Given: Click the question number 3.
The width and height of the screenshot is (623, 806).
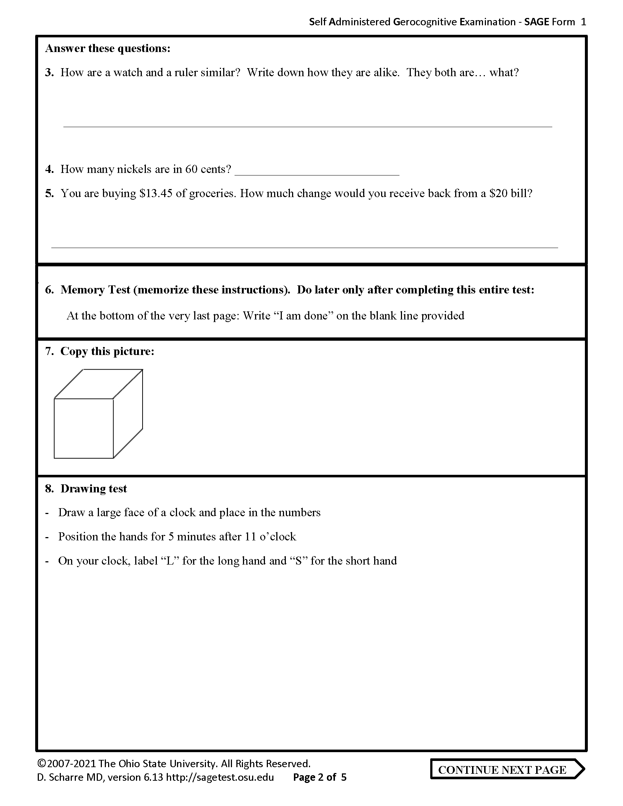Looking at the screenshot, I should click(x=49, y=73).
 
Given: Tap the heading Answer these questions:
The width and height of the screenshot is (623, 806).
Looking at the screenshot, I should click(x=108, y=48).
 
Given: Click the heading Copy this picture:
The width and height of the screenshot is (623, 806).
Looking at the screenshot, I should click(x=107, y=351).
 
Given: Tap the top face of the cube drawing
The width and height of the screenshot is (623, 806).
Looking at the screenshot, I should click(x=99, y=384).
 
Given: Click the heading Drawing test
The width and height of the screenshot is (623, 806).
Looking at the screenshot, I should click(x=93, y=489).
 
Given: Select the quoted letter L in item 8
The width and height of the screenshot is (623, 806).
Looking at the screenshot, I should click(x=170, y=561).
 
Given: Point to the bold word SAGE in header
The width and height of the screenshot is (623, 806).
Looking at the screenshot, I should click(x=537, y=22).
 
